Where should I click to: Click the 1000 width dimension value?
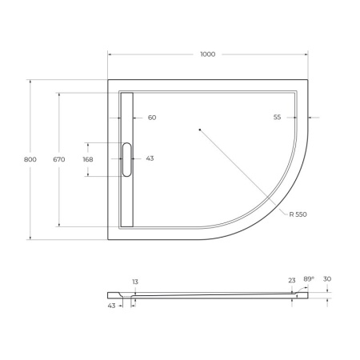[207, 54]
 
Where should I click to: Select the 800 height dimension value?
[30, 159]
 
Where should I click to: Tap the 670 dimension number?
[58, 159]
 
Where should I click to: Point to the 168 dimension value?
[88, 159]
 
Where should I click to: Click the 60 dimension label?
[151, 118]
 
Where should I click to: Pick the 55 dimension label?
[277, 118]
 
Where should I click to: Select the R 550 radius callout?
[298, 214]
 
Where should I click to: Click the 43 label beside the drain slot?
[150, 158]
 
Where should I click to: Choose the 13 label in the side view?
[135, 282]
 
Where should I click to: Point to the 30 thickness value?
[328, 279]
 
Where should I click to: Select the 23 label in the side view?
[292, 280]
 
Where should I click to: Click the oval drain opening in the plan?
[126, 159]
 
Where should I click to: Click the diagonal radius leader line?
[240, 169]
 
